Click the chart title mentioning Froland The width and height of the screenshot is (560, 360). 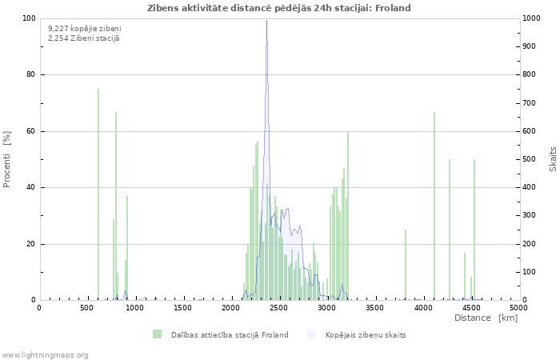pos(279,8)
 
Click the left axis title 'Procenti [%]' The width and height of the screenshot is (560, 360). pos(7,159)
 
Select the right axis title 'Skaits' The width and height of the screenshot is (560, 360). pos(553,159)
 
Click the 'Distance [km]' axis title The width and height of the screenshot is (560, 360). pos(486,318)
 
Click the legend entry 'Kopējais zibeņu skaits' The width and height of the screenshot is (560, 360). pos(366,334)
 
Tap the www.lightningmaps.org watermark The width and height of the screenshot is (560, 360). pos(45,354)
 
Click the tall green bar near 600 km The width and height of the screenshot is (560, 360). pos(98,194)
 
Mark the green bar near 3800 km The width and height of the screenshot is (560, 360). pos(406,265)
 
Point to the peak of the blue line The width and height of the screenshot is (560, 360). pos(266,21)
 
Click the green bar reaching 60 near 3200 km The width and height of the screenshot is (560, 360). pos(347,216)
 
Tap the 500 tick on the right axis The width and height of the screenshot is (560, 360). pos(530,159)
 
